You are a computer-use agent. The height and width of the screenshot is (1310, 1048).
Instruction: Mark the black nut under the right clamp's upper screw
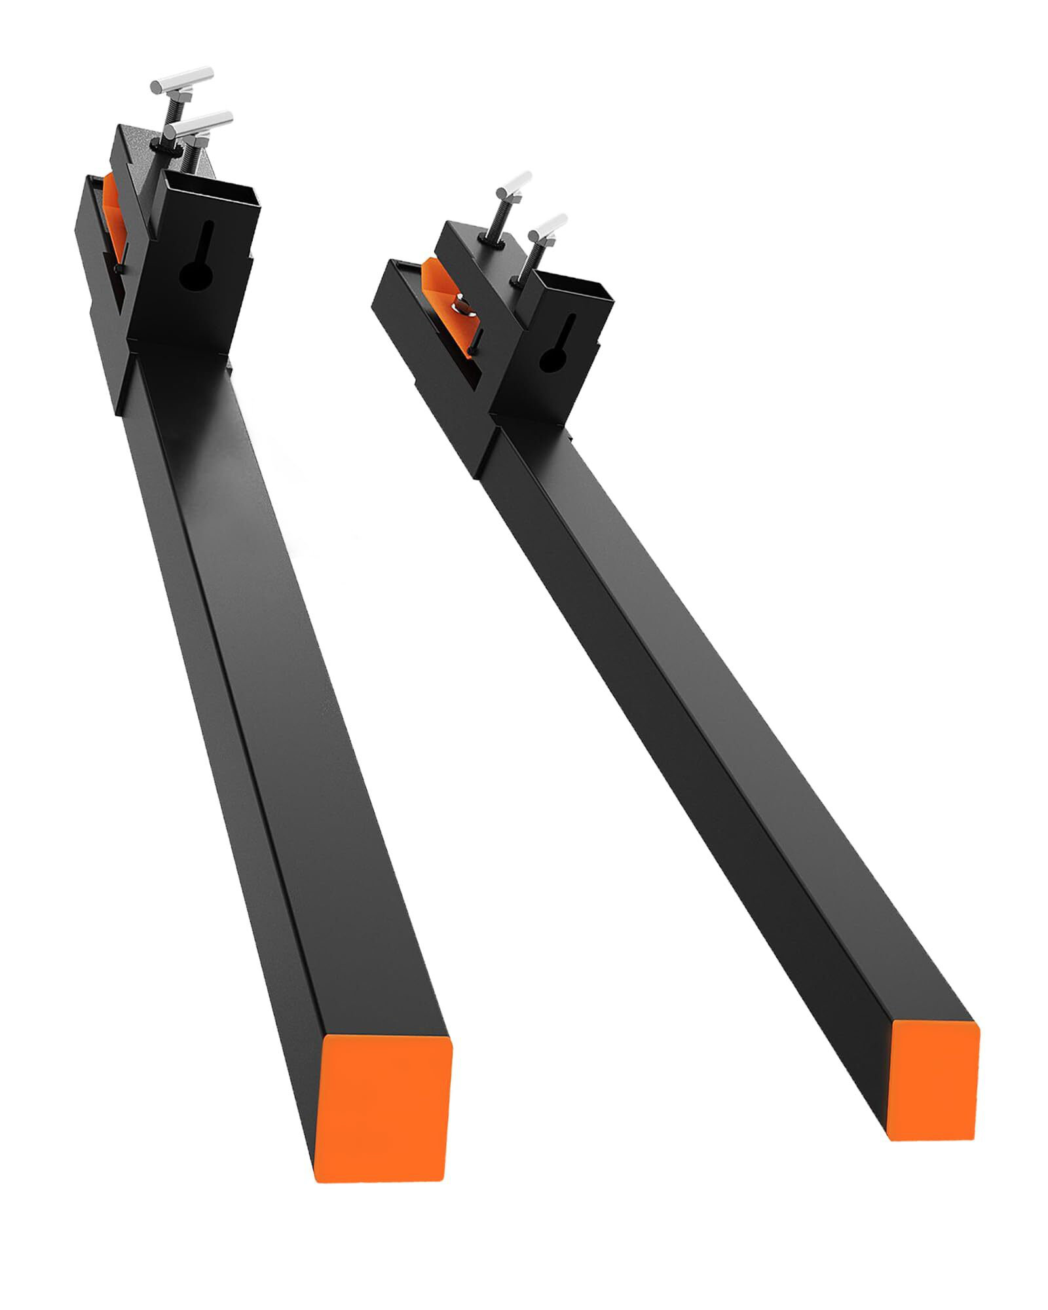click(496, 243)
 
